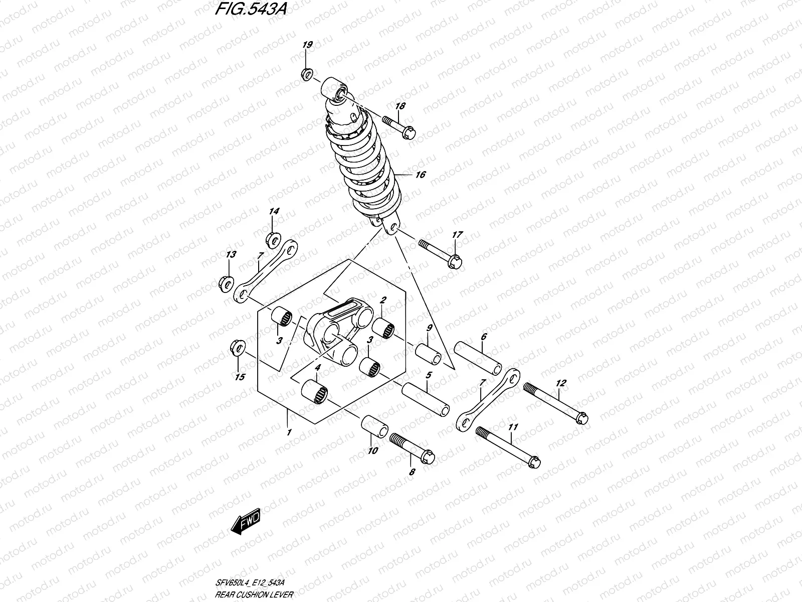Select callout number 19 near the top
pyautogui.click(x=307, y=45)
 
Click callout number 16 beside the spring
pyautogui.click(x=420, y=175)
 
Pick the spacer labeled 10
pyautogui.click(x=374, y=426)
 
